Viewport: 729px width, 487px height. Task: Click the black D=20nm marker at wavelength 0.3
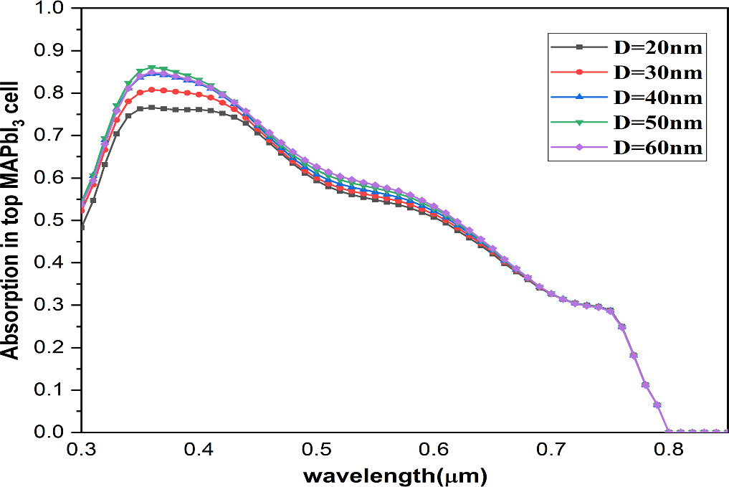(81, 227)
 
